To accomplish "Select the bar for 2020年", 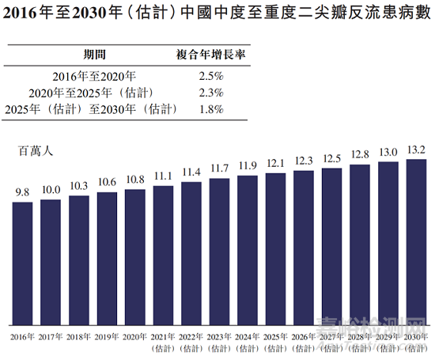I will click(134, 256).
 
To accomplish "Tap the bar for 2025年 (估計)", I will click(275, 248).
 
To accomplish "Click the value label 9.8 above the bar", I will click(22, 192).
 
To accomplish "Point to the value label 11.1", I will click(163, 176).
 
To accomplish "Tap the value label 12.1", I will click(275, 163).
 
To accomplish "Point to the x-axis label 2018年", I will click(78, 338).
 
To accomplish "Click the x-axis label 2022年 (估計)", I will click(191, 343).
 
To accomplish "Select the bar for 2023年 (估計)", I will click(219, 252).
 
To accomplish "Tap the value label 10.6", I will click(107, 182).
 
